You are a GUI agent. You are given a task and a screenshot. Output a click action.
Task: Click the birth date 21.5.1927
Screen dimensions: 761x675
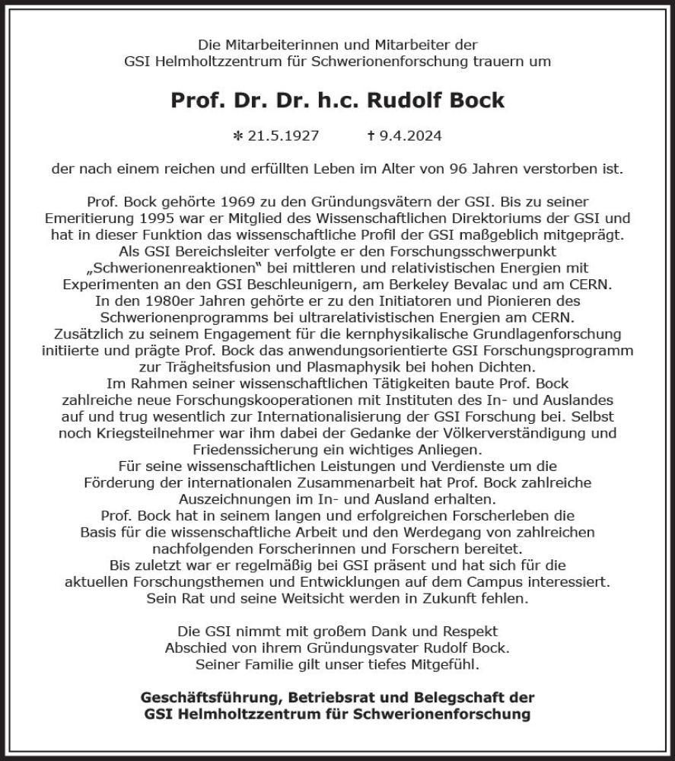(282, 136)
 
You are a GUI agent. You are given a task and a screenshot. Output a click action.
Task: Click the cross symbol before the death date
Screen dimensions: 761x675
(371, 136)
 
